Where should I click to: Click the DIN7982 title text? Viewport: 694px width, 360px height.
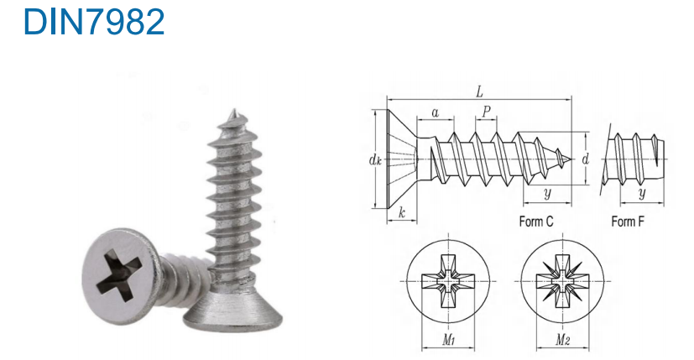click(x=94, y=21)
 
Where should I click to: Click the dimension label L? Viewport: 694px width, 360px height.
click(x=479, y=91)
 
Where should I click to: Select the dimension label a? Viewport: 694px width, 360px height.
click(x=436, y=113)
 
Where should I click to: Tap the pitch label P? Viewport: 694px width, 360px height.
click(x=487, y=111)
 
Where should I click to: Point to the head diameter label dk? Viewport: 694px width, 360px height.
click(x=375, y=159)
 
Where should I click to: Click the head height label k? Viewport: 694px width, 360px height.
click(x=402, y=212)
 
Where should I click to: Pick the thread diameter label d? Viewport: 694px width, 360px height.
click(x=586, y=159)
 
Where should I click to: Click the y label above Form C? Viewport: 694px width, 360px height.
click(x=547, y=193)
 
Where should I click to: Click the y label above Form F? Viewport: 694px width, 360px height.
click(x=642, y=193)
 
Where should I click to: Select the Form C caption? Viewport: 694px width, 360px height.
click(x=536, y=221)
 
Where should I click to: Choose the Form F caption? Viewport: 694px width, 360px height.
click(x=628, y=221)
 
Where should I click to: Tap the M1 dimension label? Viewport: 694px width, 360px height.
click(x=448, y=340)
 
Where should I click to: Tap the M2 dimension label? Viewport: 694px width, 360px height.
click(x=562, y=340)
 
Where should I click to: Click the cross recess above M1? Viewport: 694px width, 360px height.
click(x=448, y=281)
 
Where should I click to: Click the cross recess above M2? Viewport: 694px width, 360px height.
click(x=562, y=281)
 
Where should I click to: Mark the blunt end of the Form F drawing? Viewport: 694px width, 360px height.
click(x=663, y=159)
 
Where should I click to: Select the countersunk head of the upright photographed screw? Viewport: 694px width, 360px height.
click(x=233, y=310)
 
